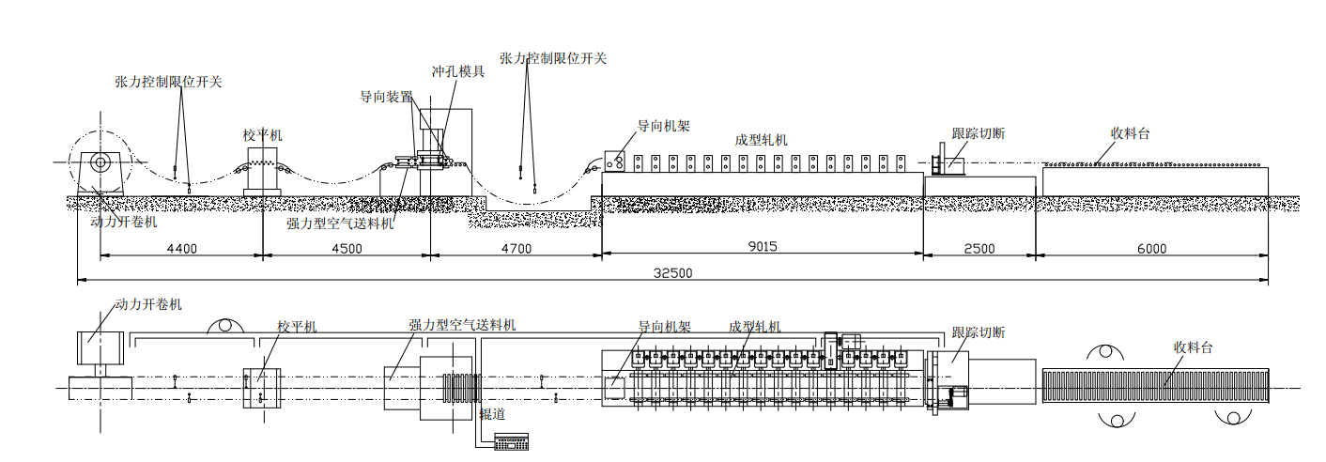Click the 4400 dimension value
click(181, 249)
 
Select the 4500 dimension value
click(347, 249)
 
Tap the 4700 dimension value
click(516, 249)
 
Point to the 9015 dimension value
click(762, 247)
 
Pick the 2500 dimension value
click(979, 249)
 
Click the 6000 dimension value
click(1151, 249)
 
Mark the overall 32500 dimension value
click(672, 273)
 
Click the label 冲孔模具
click(458, 71)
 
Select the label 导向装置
click(386, 96)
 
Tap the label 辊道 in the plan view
click(493, 413)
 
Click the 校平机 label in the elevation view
click(262, 135)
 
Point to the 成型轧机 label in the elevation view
click(761, 140)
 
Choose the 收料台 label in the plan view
click(1193, 347)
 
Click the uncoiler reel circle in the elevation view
click(99, 162)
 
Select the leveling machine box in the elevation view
click(262, 171)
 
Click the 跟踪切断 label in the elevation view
click(978, 133)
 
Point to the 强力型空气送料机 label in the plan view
click(462, 325)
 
